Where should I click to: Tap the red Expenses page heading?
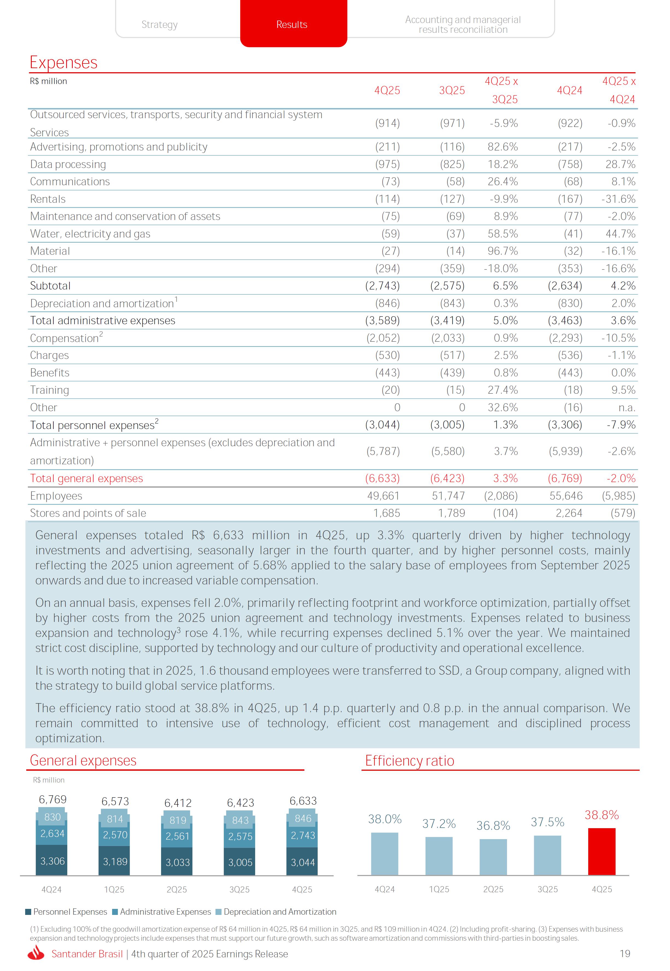pyautogui.click(x=63, y=63)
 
